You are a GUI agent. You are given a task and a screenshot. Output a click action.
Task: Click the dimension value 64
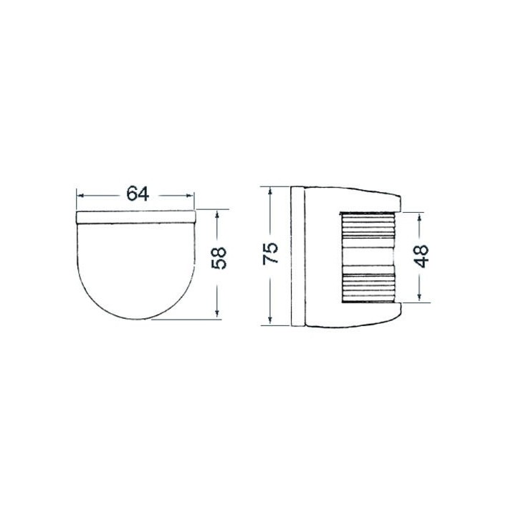tap(136, 194)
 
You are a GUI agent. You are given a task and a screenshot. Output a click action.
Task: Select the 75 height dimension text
tap(270, 254)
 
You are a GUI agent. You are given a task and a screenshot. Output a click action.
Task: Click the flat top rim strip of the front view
tap(136, 216)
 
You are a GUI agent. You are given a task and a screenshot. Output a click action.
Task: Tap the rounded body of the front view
tap(136, 265)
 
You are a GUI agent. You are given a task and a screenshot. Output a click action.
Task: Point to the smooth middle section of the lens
tap(365, 257)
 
